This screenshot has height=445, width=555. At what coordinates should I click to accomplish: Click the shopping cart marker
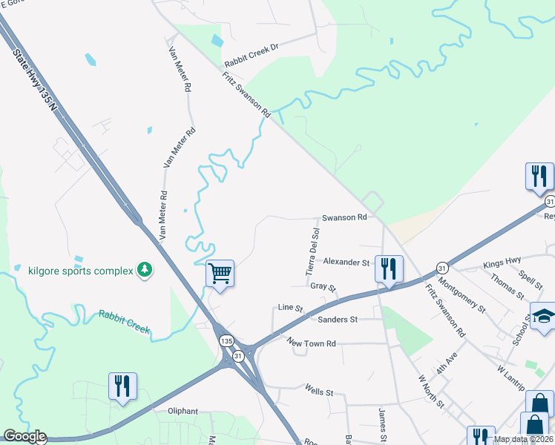point(220,273)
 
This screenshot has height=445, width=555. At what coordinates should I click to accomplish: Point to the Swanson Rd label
point(344,218)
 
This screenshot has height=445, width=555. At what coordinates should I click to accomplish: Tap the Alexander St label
point(346,263)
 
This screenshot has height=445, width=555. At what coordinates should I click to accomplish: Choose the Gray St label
point(324,286)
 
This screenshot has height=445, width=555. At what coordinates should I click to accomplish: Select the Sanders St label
point(338,319)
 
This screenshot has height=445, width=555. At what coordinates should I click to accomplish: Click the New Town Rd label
point(312,343)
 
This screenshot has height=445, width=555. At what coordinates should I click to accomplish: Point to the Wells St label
point(321,387)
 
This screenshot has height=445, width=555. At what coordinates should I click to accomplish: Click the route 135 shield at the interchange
point(226,340)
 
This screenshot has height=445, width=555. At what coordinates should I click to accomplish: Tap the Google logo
point(24,437)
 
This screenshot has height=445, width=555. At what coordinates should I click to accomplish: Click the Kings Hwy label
point(502,265)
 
